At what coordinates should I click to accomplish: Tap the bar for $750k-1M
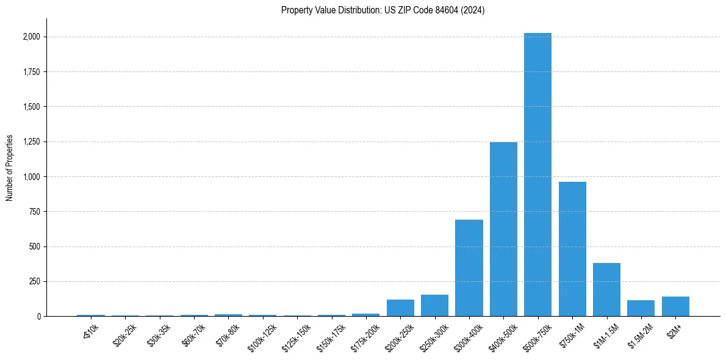point(572,249)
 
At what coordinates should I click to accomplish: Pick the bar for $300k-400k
point(469,268)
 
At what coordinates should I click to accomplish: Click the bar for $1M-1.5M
point(606,289)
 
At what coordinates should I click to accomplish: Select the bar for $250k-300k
point(434,305)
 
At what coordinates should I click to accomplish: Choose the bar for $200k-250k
point(400,308)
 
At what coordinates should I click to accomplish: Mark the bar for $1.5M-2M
point(641,308)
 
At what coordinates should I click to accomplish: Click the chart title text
point(383,10)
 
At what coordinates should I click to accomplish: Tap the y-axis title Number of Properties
point(10,168)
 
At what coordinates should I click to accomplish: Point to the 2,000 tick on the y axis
point(31,37)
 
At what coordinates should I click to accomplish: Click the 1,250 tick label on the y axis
point(31,142)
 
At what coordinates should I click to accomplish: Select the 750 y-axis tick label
point(34,212)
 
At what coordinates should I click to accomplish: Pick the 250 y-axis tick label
point(34,281)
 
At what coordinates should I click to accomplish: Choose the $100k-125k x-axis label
point(262,335)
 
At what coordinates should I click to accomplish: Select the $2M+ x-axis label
point(674,329)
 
